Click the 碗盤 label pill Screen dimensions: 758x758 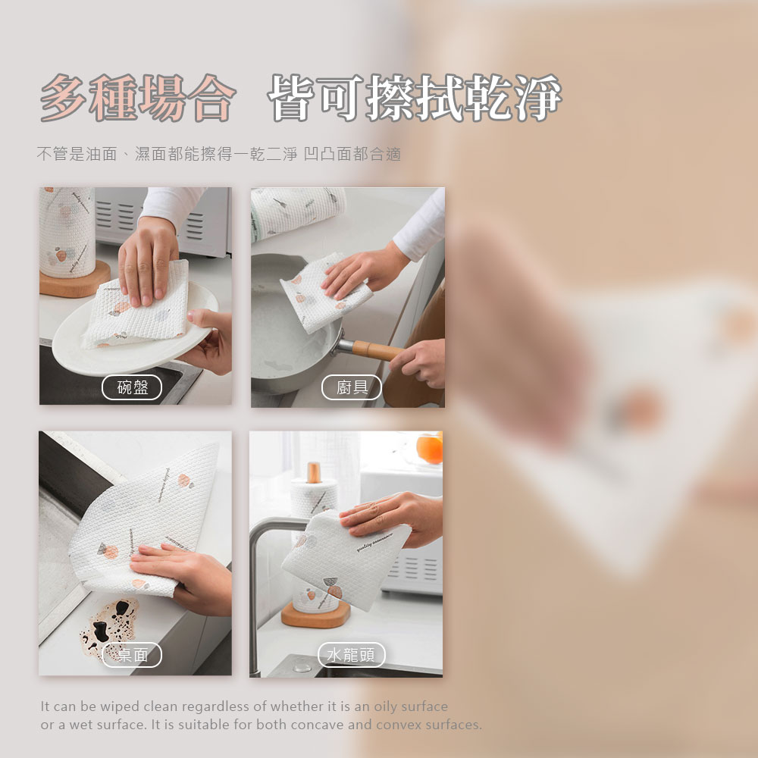pos(131,387)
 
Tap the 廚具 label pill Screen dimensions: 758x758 pos(352,387)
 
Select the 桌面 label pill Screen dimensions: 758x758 pos(131,655)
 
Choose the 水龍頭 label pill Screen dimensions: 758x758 pos(352,655)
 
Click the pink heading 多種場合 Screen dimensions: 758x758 pos(138,98)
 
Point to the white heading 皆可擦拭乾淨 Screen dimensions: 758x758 pos(415,98)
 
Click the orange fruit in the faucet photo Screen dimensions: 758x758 pos(430,448)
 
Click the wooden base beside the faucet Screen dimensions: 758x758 pos(315,614)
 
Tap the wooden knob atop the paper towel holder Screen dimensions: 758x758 pos(314,472)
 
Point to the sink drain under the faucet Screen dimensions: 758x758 pos(302,667)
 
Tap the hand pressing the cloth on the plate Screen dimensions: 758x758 pos(148,261)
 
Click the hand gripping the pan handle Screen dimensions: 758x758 pos(418,362)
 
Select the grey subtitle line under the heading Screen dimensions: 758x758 pos(219,154)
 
